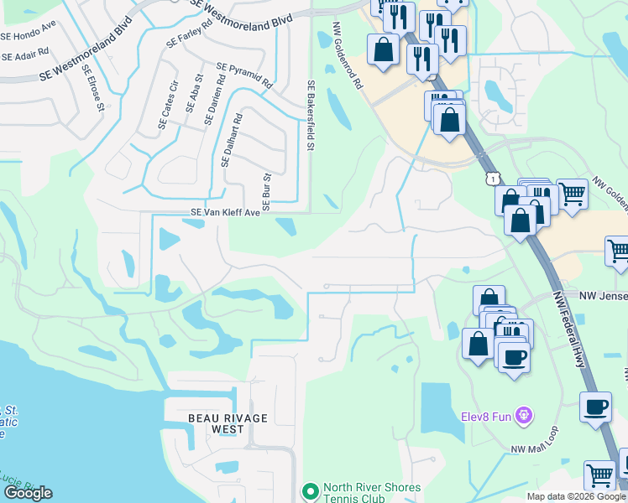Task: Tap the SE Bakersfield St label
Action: coord(310,115)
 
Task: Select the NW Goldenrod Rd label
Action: coord(348,57)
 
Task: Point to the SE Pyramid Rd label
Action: coord(244,75)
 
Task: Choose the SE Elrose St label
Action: coord(92,88)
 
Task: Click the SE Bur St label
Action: coord(266,192)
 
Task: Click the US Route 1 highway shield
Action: coord(492,178)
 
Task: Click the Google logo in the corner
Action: coord(29,493)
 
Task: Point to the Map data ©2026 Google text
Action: coord(575,496)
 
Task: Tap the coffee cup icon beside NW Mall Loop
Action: coord(595,407)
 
